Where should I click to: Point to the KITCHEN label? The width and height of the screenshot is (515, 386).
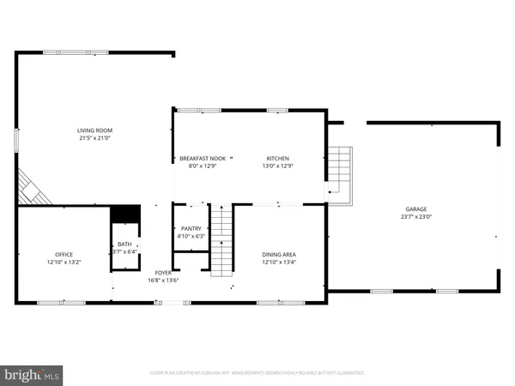pyautogui.click(x=277, y=159)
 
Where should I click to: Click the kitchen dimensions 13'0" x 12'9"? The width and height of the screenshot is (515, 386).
pyautogui.click(x=277, y=166)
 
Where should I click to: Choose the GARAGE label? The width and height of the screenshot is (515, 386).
pyautogui.click(x=416, y=208)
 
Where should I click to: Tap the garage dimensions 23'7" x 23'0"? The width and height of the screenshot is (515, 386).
pyautogui.click(x=416, y=217)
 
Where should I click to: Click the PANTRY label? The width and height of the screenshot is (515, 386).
pyautogui.click(x=190, y=227)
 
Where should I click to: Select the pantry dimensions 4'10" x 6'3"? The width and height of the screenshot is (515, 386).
pyautogui.click(x=190, y=236)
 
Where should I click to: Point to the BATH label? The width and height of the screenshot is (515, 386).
pyautogui.click(x=125, y=244)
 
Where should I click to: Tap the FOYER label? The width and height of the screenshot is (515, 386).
pyautogui.click(x=163, y=273)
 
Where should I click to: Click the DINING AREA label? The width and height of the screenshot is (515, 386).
pyautogui.click(x=279, y=254)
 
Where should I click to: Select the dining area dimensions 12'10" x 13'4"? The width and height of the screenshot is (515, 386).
pyautogui.click(x=279, y=262)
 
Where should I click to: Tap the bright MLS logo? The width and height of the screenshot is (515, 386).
pyautogui.click(x=32, y=375)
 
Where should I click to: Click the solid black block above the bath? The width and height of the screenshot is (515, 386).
pyautogui.click(x=125, y=214)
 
